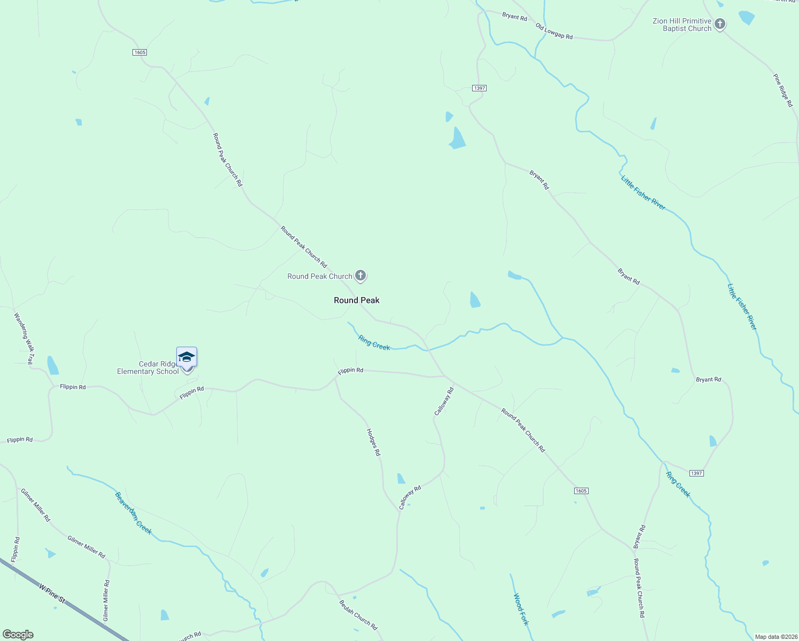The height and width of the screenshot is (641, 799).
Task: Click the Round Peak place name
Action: (357, 300)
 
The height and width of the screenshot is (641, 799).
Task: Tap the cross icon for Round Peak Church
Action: (361, 276)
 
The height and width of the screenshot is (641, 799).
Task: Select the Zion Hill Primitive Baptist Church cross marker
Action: (720, 24)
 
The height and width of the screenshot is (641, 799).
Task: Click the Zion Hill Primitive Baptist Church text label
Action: (682, 25)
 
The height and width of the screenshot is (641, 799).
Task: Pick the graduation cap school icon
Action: (186, 357)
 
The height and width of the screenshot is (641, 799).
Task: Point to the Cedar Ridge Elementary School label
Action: (148, 368)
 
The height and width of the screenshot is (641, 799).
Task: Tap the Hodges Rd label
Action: (373, 442)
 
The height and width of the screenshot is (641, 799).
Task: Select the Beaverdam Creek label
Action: (134, 513)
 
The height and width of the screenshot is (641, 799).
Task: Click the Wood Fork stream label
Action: (521, 609)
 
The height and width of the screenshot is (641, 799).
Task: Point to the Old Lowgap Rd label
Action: (554, 32)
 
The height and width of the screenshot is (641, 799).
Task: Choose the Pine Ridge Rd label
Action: (783, 90)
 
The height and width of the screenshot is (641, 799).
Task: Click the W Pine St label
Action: (52, 593)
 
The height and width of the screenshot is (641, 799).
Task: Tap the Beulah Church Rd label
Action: (358, 615)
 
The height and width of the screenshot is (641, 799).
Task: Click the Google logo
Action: (18, 635)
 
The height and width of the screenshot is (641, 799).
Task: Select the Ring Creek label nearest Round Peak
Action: (374, 343)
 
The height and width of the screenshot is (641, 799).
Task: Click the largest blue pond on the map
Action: (457, 138)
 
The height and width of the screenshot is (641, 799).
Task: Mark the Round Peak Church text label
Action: (320, 276)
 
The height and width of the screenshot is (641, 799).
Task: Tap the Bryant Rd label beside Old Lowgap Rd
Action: (514, 17)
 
